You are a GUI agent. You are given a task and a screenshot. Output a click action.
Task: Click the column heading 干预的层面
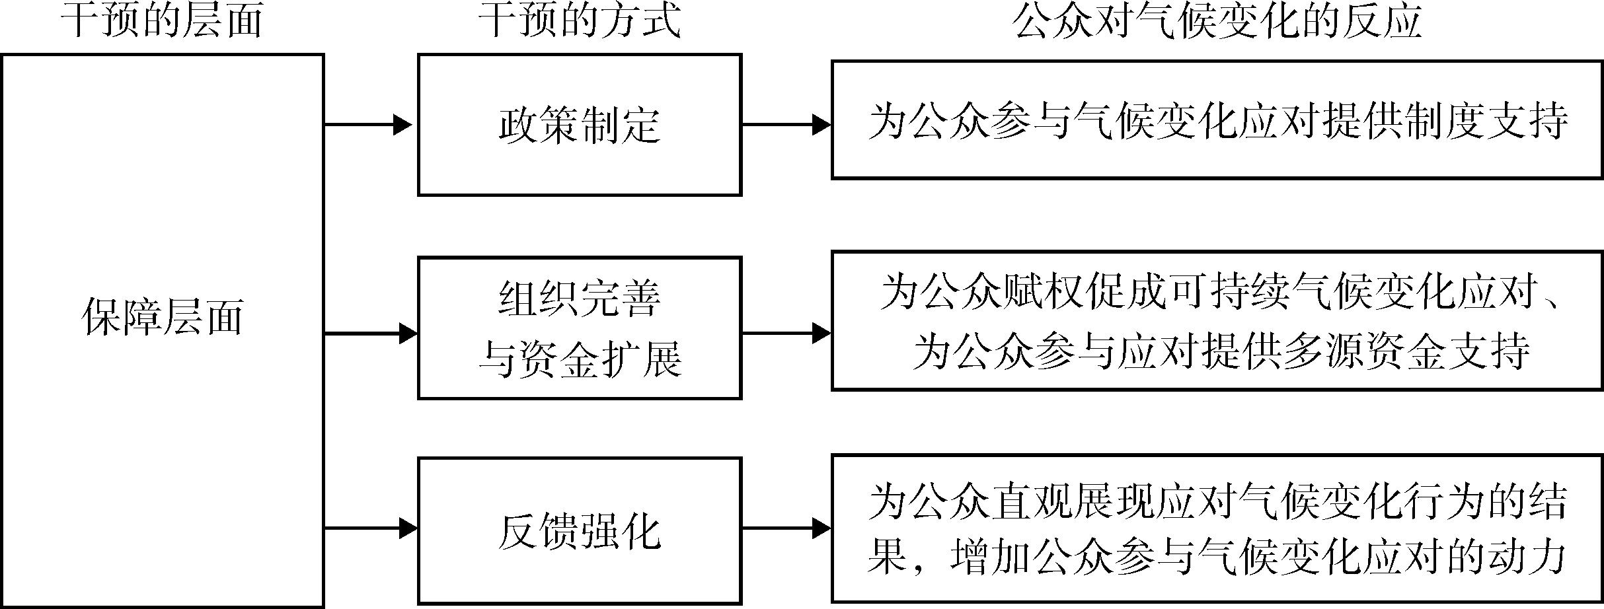162,21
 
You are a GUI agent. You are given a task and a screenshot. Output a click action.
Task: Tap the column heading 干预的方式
579,21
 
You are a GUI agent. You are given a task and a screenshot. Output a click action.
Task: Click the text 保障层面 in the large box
163,316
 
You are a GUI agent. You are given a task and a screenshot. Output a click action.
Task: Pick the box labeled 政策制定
580,124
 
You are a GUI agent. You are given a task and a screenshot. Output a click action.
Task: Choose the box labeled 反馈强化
580,530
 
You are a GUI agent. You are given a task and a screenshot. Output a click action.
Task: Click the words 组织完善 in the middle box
580,298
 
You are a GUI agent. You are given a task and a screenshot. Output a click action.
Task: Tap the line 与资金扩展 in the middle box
580,361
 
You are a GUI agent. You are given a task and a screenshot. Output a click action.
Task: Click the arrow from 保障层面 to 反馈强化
370,528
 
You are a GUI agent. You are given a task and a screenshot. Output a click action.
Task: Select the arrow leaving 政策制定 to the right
785,124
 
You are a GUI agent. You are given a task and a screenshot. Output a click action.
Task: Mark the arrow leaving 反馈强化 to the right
785,528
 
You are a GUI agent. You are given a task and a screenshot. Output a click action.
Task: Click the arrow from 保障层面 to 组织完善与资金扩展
370,334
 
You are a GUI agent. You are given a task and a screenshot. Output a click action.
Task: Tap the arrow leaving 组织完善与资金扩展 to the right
785,334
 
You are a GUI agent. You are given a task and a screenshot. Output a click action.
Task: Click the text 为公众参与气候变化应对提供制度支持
1217,121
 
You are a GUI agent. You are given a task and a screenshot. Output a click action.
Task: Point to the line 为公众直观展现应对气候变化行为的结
1217,502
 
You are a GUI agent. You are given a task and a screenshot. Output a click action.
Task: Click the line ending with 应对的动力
1217,558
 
